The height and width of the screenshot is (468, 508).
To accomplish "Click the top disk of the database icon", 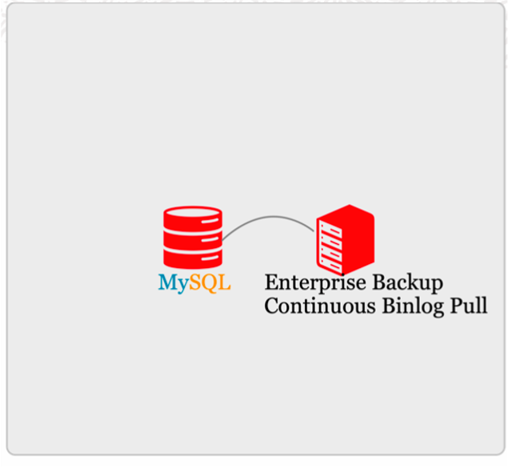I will point(193,218).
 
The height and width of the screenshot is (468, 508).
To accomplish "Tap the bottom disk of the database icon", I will point(193,256).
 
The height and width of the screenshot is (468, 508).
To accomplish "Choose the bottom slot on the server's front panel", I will point(330,262).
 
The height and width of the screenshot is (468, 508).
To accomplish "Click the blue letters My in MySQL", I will point(173,283).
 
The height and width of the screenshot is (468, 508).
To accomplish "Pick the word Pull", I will point(470,306).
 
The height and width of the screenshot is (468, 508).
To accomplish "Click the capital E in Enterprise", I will point(270,282).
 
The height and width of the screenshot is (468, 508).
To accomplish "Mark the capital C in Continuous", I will point(271,306).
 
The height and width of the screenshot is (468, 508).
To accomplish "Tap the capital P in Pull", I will point(458,306).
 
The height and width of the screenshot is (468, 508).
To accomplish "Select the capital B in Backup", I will point(377,282).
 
